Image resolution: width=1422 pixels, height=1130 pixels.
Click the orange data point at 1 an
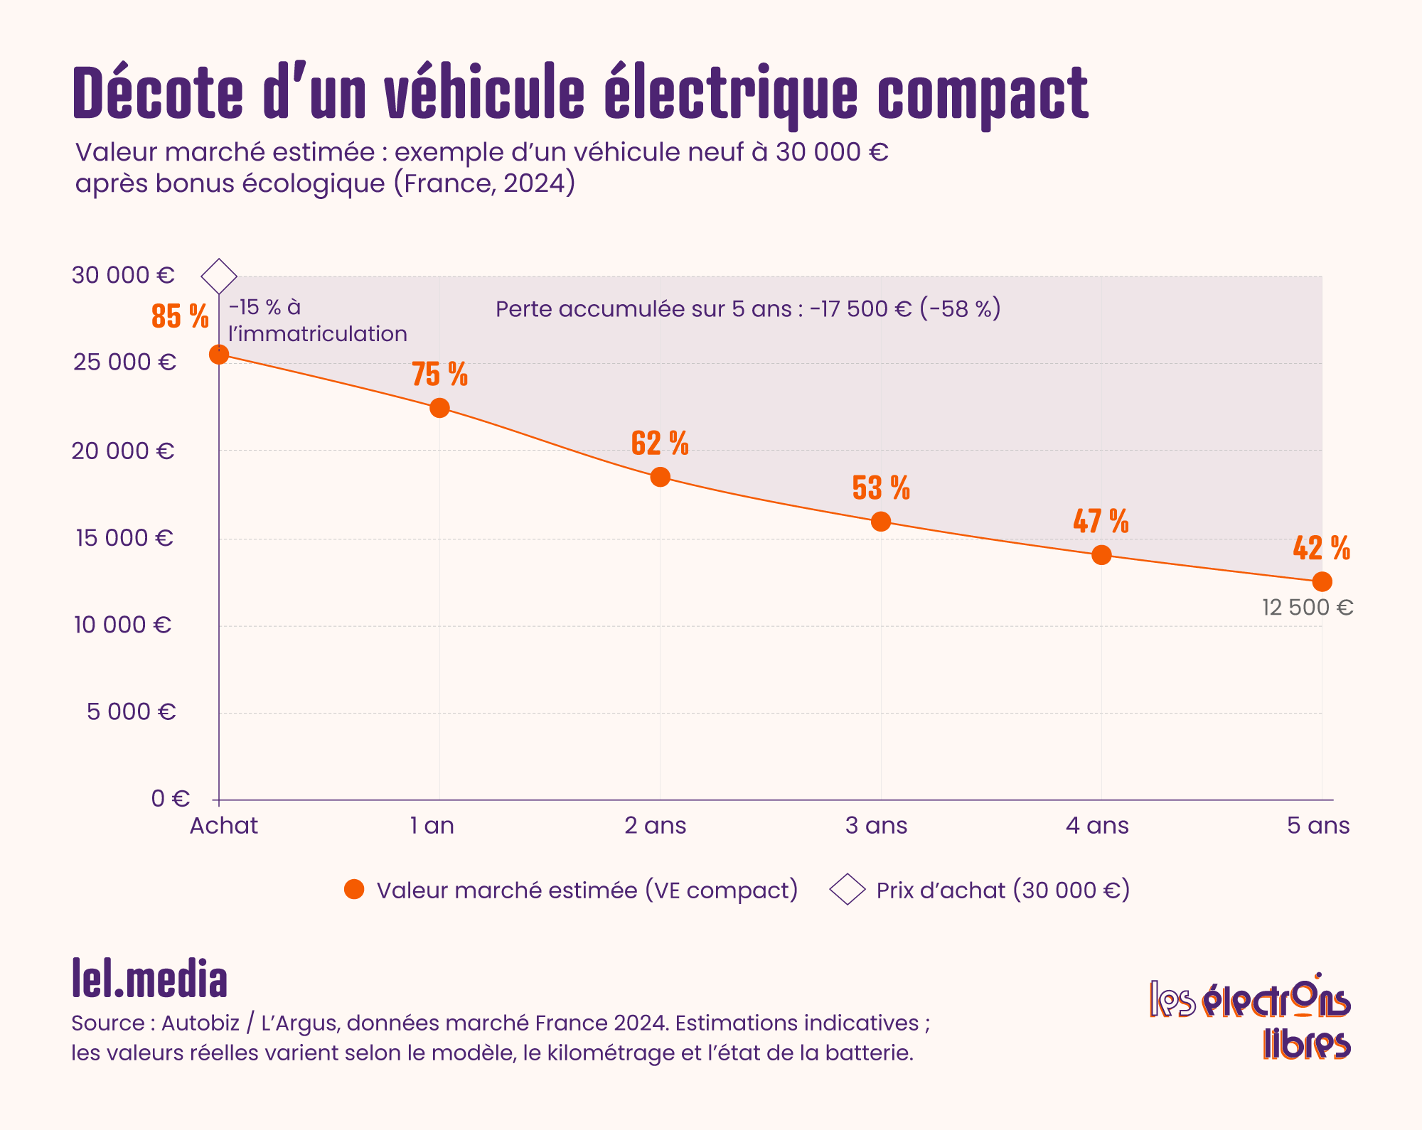[x=439, y=408]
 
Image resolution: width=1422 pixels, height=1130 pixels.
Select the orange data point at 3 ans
[x=881, y=522]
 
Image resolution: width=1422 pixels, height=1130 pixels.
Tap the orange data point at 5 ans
[x=1322, y=582]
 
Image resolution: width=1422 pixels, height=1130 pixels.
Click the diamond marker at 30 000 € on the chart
[x=219, y=276]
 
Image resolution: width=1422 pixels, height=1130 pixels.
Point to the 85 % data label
[x=180, y=316]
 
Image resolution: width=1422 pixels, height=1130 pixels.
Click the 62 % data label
[x=660, y=443]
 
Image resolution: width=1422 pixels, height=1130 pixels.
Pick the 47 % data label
[x=1101, y=521]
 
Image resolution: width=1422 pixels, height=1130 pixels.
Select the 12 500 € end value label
[x=1308, y=608]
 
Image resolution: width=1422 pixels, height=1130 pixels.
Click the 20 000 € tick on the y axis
[x=123, y=451]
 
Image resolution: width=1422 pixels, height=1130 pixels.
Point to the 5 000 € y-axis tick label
[x=131, y=711]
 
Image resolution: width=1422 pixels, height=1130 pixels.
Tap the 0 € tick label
[x=171, y=799]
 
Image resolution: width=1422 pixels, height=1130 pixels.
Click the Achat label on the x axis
[x=223, y=826]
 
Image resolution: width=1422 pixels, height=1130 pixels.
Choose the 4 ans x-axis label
[x=1097, y=826]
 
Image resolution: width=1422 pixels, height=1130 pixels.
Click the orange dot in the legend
[x=354, y=890]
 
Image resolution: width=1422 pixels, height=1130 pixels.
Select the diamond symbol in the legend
[x=848, y=890]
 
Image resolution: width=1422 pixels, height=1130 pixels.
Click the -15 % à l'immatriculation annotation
[x=317, y=321]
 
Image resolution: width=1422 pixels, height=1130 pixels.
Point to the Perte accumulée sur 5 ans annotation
[x=748, y=309]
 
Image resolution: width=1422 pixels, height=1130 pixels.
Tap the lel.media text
[x=149, y=979]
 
